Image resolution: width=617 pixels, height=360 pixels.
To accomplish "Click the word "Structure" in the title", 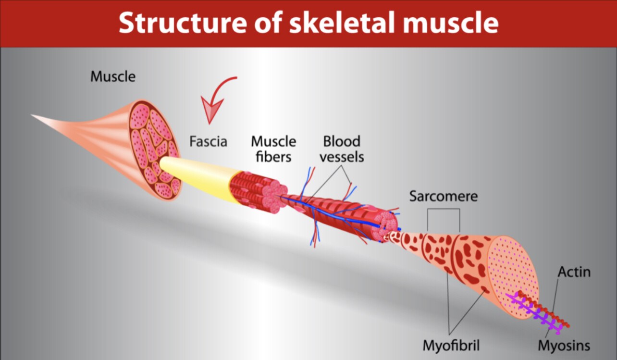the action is (183, 23).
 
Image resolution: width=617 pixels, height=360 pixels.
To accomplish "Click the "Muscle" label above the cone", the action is (113, 76).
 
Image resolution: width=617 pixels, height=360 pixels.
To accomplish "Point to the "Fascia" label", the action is (208, 142).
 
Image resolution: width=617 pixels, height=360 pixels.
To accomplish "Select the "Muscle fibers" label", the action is (273, 149).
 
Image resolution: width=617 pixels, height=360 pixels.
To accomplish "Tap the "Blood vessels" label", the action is (342, 149).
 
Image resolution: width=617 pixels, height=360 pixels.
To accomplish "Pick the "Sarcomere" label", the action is (444, 196).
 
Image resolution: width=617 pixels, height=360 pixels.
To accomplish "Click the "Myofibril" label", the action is (451, 345).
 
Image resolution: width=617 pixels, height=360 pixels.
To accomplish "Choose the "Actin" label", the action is (574, 272).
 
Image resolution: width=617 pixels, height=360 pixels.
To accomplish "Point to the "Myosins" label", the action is (564, 345).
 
